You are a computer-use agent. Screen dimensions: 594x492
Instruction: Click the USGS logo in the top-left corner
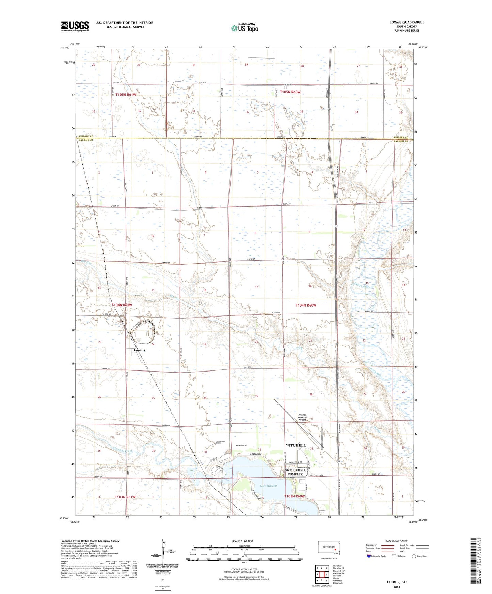[75, 26]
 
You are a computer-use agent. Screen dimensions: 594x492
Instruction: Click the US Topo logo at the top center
[244, 28]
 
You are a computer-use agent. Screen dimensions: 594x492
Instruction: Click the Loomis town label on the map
[139, 350]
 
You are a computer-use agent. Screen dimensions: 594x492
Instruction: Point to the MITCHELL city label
[296, 445]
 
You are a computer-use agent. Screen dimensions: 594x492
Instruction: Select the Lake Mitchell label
[268, 486]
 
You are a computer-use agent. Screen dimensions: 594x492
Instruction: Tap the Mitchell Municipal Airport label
[303, 417]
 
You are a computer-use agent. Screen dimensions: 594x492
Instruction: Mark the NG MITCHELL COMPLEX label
[295, 472]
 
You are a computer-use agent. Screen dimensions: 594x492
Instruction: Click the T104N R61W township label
[122, 305]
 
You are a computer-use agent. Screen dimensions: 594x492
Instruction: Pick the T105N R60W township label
[290, 92]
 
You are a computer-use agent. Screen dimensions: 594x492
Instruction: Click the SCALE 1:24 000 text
[242, 541]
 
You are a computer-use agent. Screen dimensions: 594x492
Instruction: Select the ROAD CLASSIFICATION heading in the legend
[397, 541]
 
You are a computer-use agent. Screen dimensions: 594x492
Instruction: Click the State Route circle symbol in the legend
[414, 556]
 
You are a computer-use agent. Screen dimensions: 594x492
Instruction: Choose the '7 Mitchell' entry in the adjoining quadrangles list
[337, 580]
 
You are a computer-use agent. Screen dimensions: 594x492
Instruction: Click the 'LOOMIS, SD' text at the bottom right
[397, 582]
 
